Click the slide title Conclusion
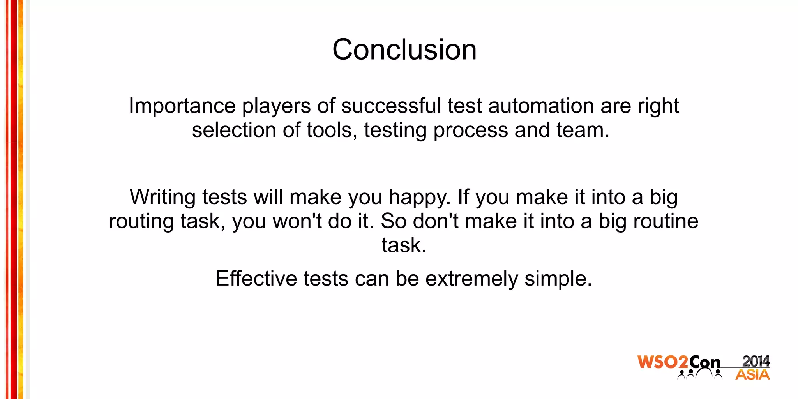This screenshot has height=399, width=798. pyautogui.click(x=404, y=50)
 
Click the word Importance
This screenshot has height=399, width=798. pyautogui.click(x=182, y=106)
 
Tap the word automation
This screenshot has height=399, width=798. pyautogui.click(x=541, y=106)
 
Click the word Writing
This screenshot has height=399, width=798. pyautogui.click(x=162, y=197)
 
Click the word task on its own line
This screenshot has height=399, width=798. pyautogui.click(x=404, y=245)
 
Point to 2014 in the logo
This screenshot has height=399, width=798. pyautogui.click(x=756, y=361)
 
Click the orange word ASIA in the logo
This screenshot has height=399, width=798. pyautogui.click(x=752, y=375)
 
